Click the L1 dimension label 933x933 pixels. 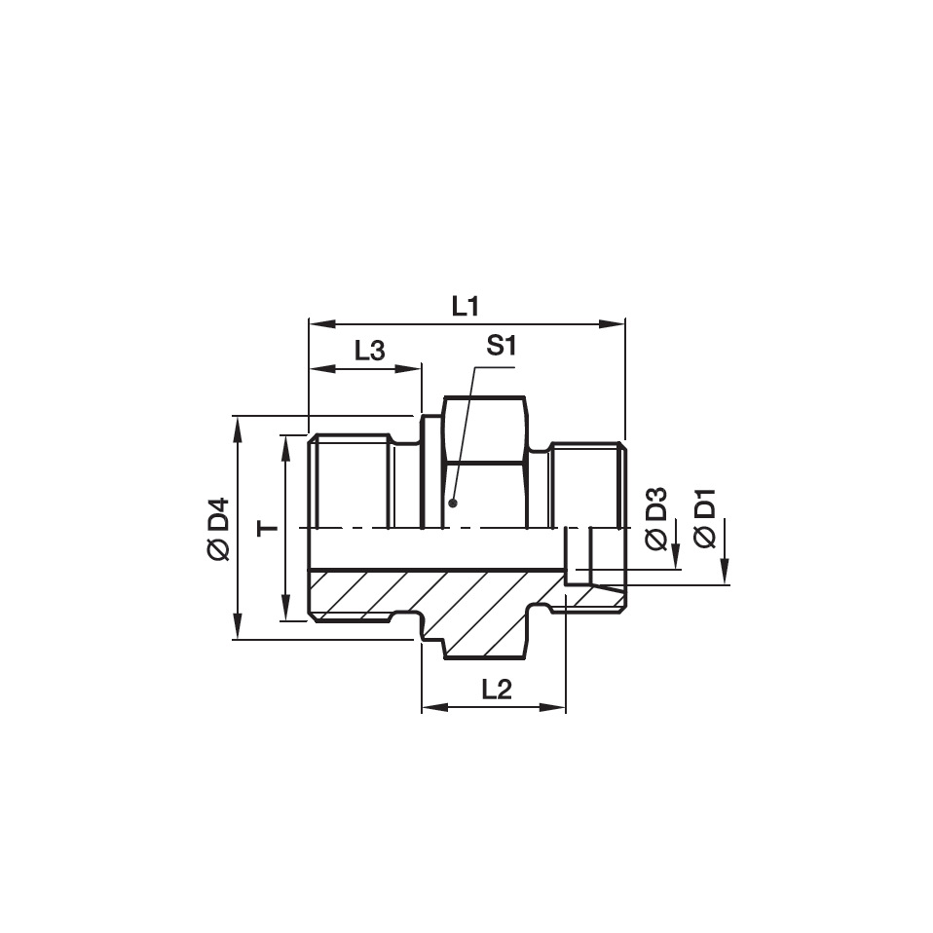[466, 306]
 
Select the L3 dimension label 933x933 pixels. [369, 352]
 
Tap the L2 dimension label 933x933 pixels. [497, 690]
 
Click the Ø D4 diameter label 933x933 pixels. [218, 529]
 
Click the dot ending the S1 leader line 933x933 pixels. [453, 504]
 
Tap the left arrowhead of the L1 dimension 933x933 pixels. [317, 323]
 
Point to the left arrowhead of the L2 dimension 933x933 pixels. [429, 707]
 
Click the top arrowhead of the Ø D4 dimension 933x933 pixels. [238, 424]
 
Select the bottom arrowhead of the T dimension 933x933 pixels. [285, 613]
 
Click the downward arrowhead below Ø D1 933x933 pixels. [726, 577]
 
